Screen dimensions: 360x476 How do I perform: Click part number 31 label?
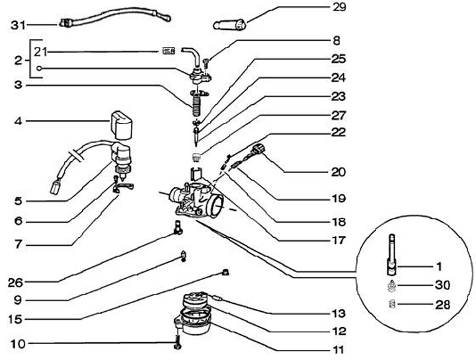pyautogui.click(x=19, y=26)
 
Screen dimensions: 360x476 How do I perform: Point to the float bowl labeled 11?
pyautogui.click(x=199, y=322)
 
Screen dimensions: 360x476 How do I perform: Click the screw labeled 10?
pyautogui.click(x=177, y=343)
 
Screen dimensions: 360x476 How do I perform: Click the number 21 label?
pyautogui.click(x=42, y=50)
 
